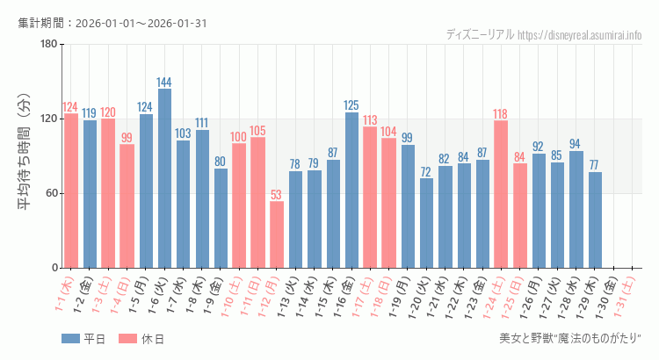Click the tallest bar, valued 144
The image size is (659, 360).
(x=164, y=178)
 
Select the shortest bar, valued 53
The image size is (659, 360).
(x=277, y=234)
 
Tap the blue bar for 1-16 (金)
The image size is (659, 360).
(x=351, y=190)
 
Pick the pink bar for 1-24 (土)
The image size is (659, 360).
(x=501, y=194)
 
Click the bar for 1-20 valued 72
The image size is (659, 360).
(x=426, y=223)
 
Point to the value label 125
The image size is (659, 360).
(x=351, y=105)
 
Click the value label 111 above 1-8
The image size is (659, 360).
(x=202, y=123)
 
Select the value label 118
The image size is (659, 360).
(x=501, y=114)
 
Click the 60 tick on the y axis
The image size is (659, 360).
(x=51, y=193)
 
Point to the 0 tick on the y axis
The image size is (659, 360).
(x=54, y=268)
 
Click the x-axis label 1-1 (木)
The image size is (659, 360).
(x=64, y=295)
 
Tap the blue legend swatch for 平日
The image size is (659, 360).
(x=71, y=339)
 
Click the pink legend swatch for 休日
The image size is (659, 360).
(x=128, y=339)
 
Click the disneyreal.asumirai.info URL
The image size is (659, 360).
(x=580, y=35)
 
